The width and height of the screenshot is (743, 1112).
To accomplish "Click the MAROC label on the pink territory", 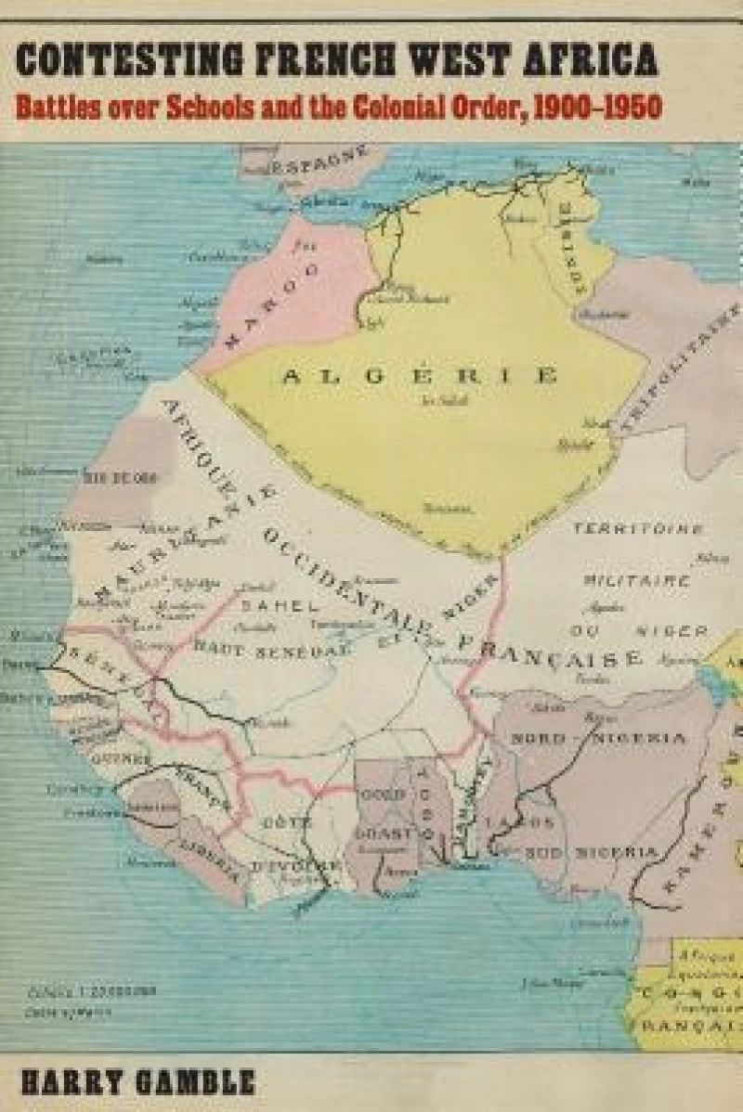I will [x=271, y=302].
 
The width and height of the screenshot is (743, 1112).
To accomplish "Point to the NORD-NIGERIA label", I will [x=598, y=739].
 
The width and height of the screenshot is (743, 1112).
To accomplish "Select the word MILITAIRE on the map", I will [x=636, y=580].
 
